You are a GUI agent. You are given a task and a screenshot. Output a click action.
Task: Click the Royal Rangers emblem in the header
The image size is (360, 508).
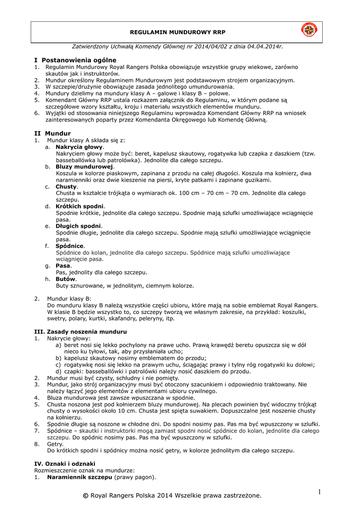(309, 31)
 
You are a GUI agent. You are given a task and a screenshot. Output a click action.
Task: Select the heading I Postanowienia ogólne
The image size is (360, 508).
(75, 60)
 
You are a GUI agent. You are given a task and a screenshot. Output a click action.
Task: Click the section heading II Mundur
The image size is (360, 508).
(52, 133)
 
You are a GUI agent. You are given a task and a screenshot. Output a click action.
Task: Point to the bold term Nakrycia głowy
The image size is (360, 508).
(79, 147)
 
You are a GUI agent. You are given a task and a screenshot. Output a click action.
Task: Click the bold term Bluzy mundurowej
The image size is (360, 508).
(85, 167)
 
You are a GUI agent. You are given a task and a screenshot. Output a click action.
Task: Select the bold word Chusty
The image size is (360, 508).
(67, 187)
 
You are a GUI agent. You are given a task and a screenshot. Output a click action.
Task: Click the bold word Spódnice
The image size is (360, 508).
(70, 246)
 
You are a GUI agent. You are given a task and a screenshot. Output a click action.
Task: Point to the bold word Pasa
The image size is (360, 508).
(64, 266)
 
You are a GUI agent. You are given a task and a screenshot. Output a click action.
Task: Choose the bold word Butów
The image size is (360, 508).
(66, 279)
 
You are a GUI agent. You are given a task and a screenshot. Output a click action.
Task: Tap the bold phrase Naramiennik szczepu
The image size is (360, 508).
(79, 477)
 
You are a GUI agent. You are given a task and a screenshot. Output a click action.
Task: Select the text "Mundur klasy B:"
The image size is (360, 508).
(69, 299)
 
